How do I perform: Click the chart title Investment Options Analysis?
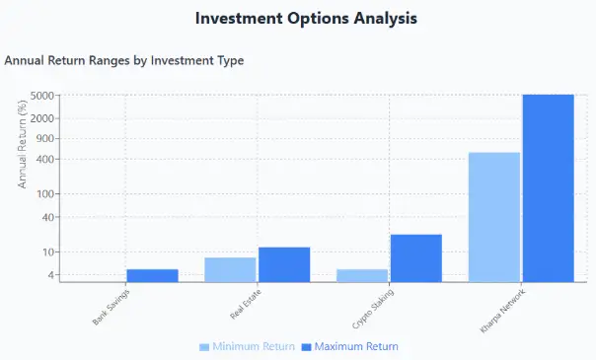(x=306, y=19)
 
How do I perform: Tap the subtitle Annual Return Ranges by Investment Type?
(x=124, y=61)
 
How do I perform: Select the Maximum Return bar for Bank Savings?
(x=152, y=275)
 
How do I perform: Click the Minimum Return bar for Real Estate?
(x=231, y=269)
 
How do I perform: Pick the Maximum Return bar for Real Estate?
(x=284, y=264)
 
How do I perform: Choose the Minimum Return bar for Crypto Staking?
(x=362, y=275)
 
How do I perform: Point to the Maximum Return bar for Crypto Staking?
(x=415, y=257)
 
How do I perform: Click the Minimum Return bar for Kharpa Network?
(x=493, y=217)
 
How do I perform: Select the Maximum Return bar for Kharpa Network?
(x=548, y=187)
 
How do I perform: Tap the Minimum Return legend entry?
(x=247, y=347)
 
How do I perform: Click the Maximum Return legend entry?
(x=348, y=347)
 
